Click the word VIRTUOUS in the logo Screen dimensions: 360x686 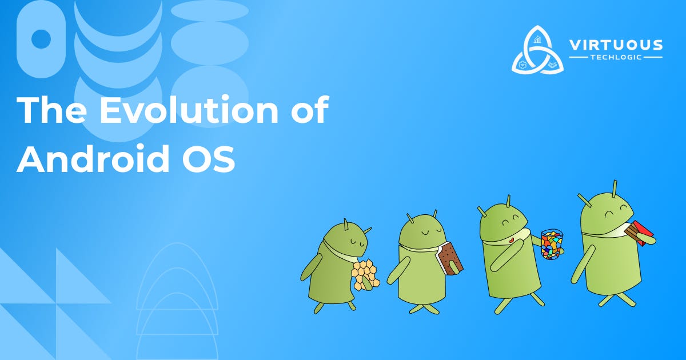click(616, 45)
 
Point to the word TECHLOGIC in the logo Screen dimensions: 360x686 click(616, 58)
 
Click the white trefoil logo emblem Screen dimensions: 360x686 click(537, 50)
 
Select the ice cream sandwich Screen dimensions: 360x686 click(449, 259)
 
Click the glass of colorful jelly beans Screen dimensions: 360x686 click(552, 245)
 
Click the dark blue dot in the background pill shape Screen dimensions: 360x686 click(41, 39)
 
